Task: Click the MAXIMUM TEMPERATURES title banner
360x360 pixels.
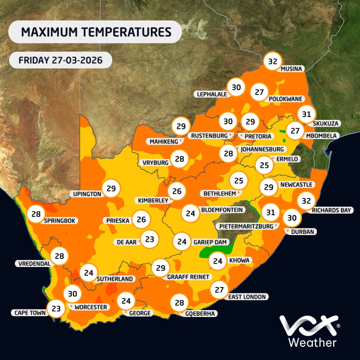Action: pos(95,32)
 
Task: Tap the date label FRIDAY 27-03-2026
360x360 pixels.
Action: pos(60,60)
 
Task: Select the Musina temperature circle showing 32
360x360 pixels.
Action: pos(273,61)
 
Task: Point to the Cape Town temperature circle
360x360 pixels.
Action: pos(56,308)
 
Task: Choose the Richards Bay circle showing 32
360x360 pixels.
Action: pos(306,201)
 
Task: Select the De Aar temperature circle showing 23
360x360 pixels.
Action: pos(150,239)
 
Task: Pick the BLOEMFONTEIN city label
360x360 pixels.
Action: pos(221,210)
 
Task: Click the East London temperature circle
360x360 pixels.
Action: pos(219,289)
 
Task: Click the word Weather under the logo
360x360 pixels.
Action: pos(312,342)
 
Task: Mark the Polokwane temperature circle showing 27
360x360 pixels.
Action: pos(259,92)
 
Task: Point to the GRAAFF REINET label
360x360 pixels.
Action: pos(188,277)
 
